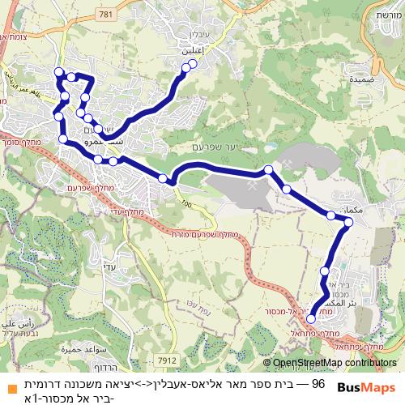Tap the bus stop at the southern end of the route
311,319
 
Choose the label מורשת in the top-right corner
388,15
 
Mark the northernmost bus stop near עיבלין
193,62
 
